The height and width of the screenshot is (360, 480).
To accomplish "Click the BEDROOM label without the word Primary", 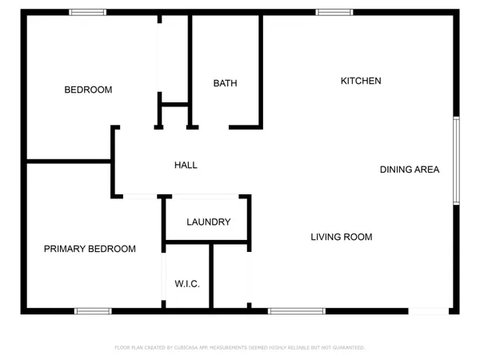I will tap(88, 90).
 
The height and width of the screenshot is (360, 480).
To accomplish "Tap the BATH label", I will tap(225, 83).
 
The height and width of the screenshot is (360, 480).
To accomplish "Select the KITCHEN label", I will tap(361, 81).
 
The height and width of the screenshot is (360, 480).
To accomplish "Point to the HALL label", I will tap(186, 165).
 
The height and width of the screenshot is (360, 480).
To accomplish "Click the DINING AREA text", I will tap(409, 170).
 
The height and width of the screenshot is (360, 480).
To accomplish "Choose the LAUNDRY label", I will tap(209, 222).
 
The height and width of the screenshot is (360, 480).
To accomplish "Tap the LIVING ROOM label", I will tap(342, 237).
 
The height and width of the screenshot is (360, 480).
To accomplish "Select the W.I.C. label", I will tap(187, 284).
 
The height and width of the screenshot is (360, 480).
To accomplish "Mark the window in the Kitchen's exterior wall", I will tap(334, 12).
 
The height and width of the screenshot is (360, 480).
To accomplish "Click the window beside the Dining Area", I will tap(456, 160).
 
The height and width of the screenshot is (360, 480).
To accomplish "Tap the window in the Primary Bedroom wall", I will tap(93, 310).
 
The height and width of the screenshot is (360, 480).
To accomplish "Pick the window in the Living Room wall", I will tap(297, 310).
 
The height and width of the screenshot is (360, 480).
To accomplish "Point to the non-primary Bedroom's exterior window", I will tap(87, 12).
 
